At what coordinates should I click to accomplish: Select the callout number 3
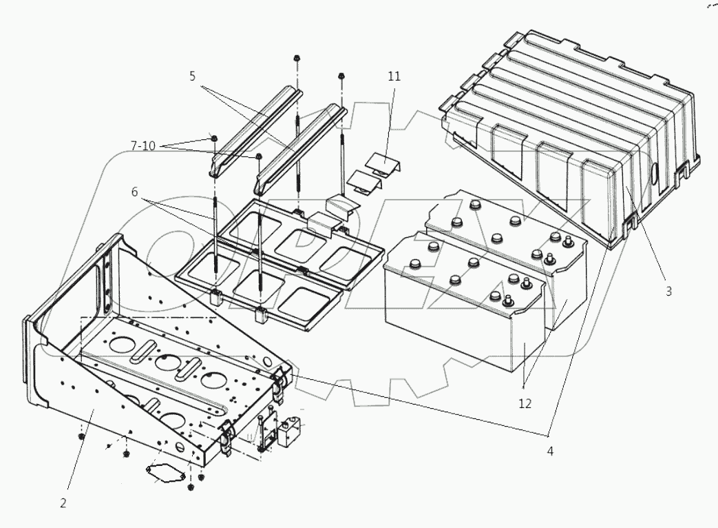pos(668,291)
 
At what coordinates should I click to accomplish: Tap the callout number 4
pos(550,451)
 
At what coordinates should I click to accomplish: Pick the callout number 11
pos(393,76)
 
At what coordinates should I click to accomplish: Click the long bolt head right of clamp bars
pos(341,75)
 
